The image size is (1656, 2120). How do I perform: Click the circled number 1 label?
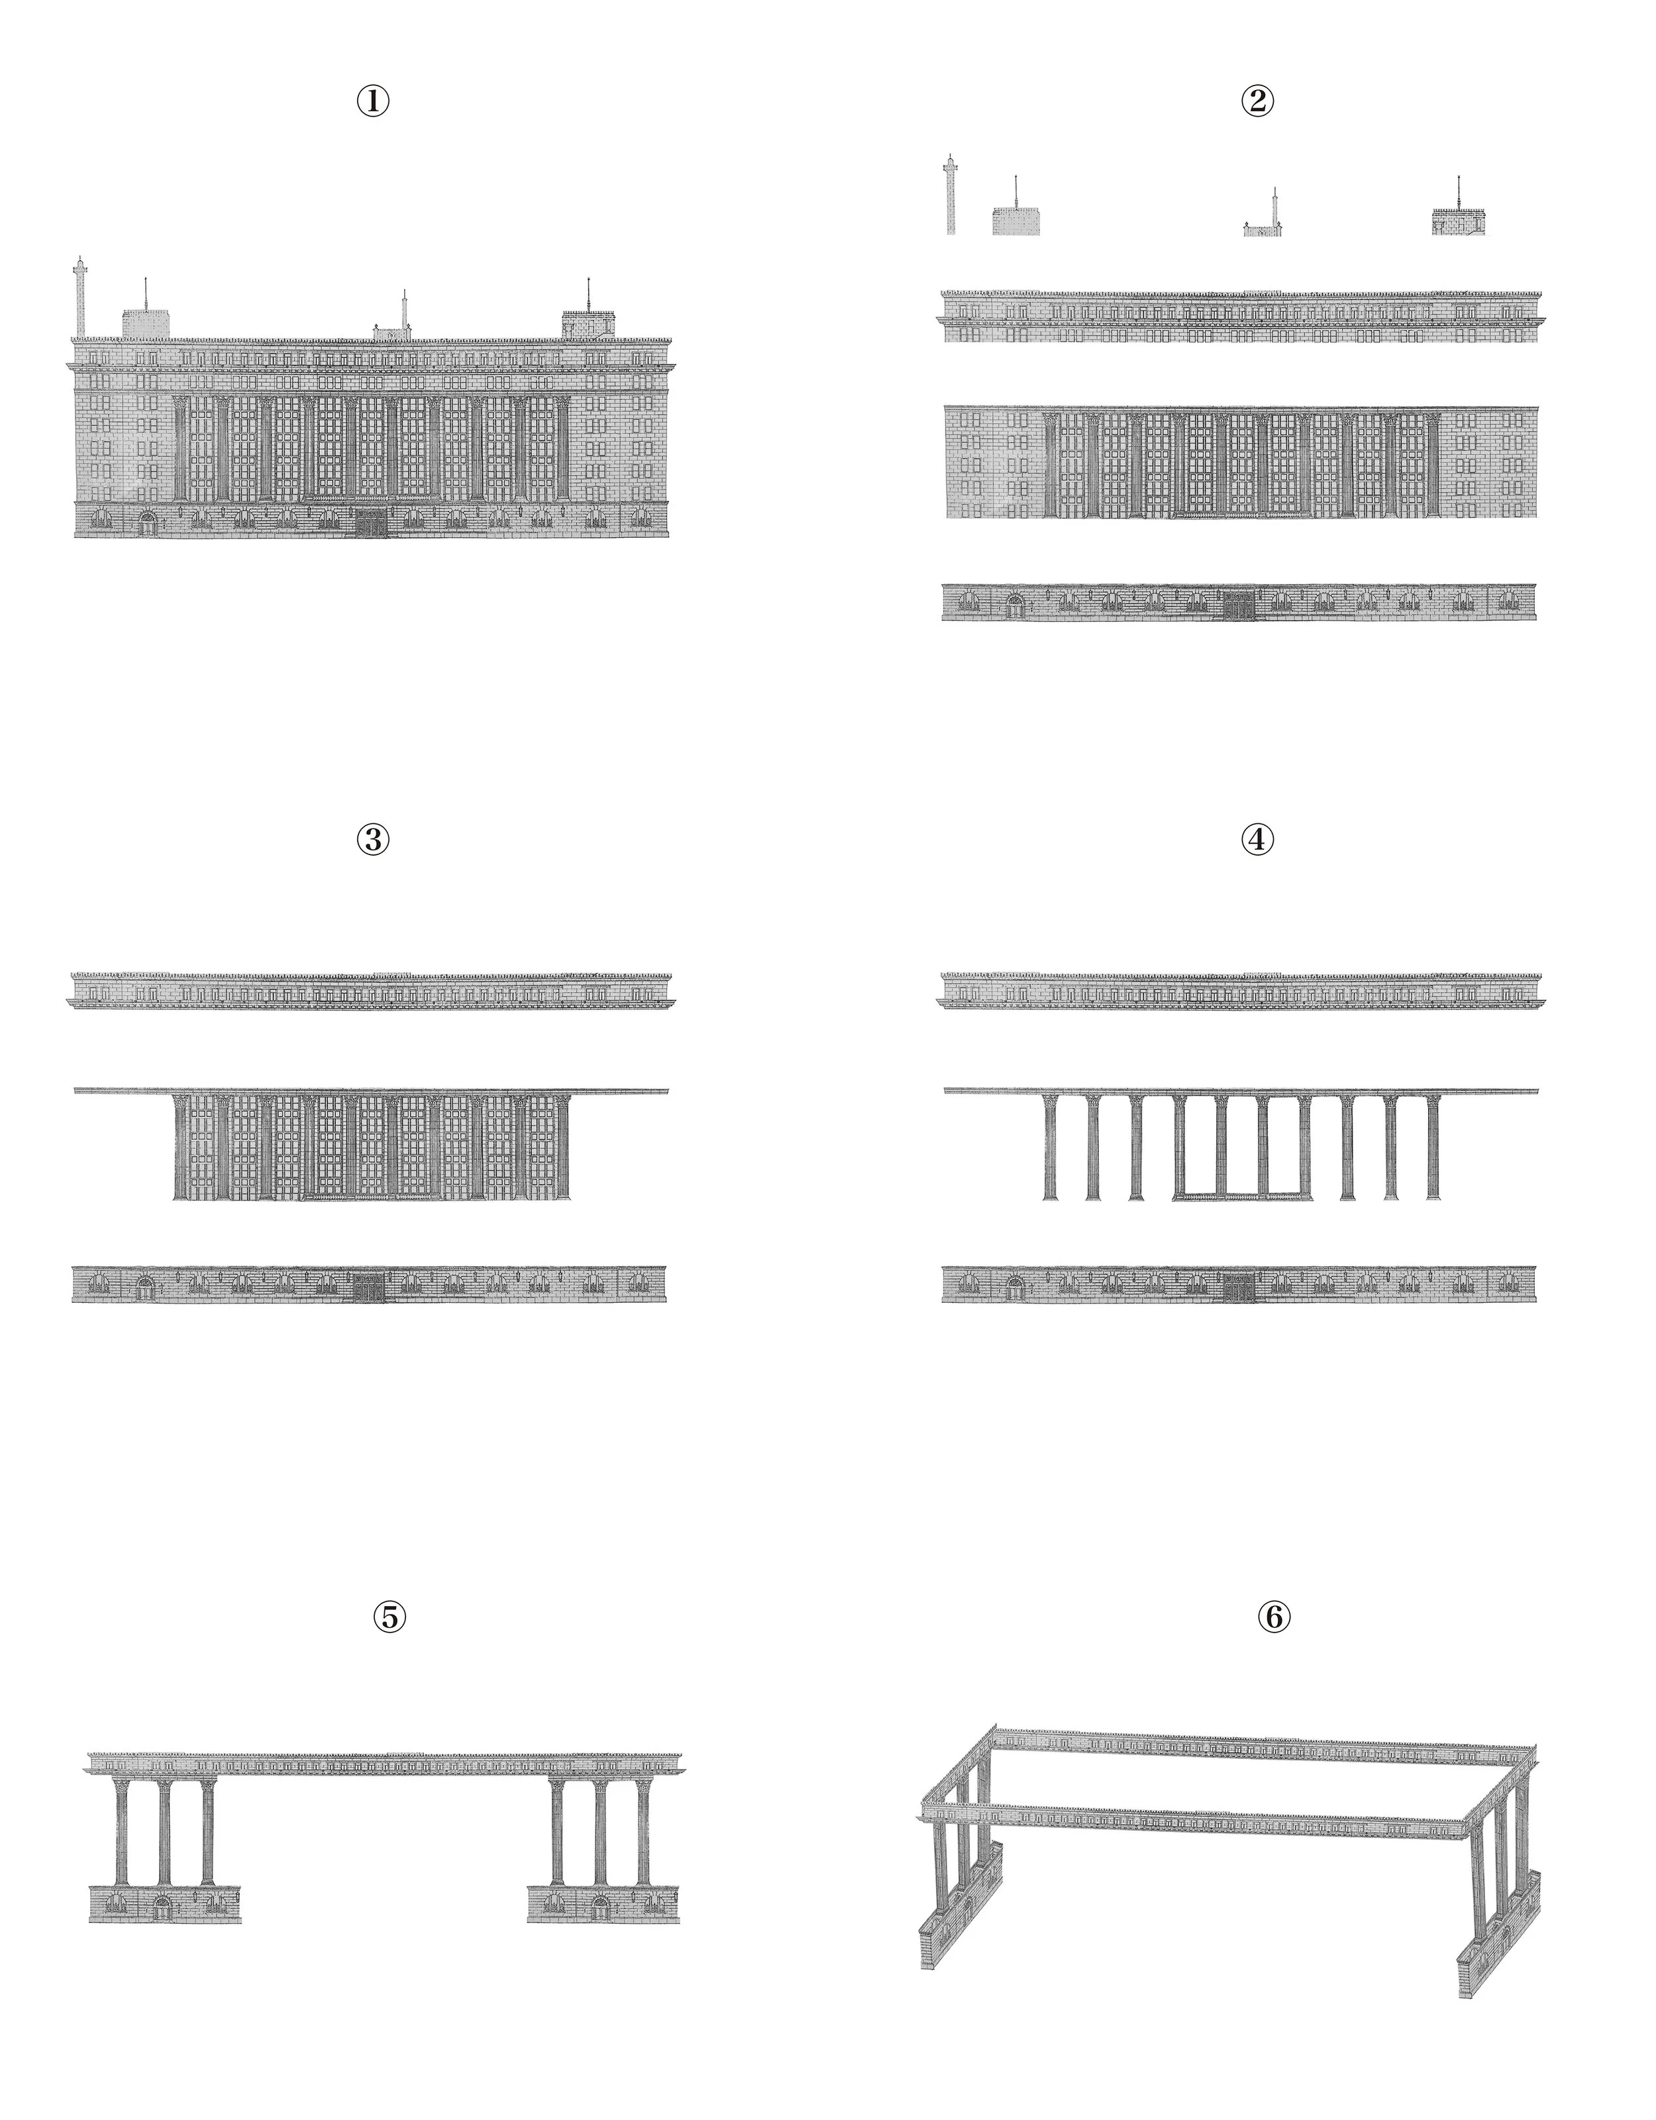pos(374,101)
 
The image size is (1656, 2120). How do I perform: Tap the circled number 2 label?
pos(1257,101)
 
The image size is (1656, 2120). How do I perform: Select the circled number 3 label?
pos(374,840)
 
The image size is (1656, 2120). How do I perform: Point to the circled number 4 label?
pos(1257,840)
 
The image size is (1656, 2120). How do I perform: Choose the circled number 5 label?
pos(389,1617)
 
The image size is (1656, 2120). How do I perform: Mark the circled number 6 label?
pos(1274,1617)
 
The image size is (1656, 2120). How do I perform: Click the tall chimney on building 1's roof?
pos(79,297)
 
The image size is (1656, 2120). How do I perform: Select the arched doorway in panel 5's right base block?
pos(601,1908)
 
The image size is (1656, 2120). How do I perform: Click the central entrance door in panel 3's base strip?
pos(368,1287)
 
